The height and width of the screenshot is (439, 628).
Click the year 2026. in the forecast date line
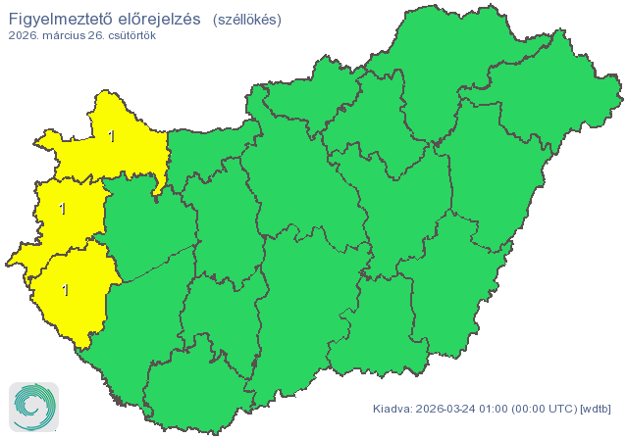[26, 35]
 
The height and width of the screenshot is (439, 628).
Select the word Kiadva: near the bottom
[392, 409]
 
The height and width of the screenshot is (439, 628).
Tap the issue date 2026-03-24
[447, 409]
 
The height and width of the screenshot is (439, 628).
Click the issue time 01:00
[497, 409]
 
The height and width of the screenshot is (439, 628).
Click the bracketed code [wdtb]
[596, 409]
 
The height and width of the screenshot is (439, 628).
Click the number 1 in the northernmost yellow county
[112, 137]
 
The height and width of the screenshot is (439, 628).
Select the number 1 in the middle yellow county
[63, 209]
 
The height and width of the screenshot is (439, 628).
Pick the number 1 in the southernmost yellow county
[66, 290]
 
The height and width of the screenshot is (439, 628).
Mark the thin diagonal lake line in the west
[157, 263]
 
